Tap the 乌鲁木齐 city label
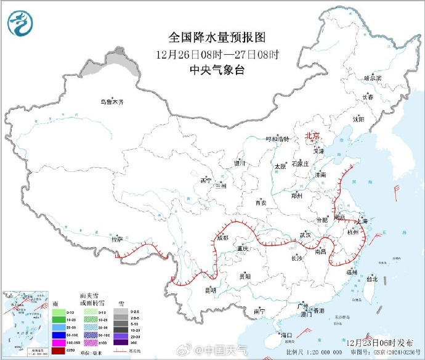112,102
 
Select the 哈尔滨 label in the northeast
373,78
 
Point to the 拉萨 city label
117,239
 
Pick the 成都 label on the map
222,237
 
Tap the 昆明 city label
211,290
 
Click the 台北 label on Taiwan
372,279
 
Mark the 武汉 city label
305,235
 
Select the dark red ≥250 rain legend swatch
61,351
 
